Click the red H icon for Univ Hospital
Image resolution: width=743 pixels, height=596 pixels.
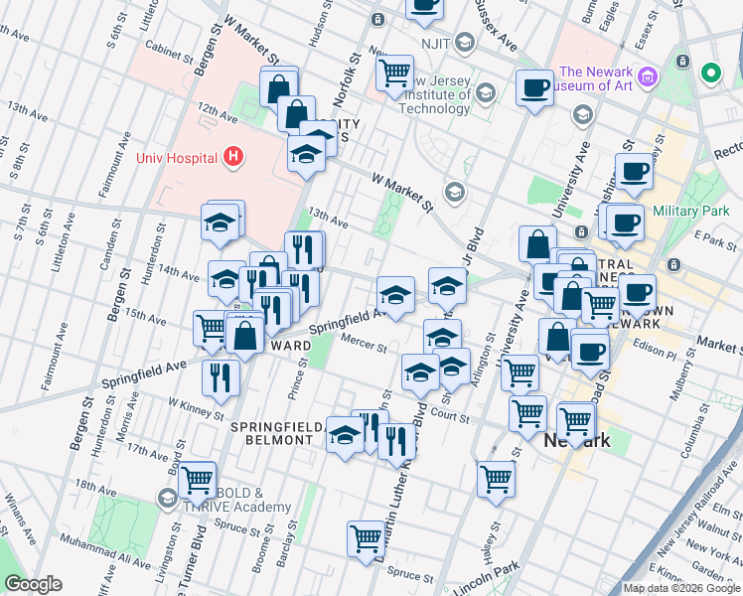232,156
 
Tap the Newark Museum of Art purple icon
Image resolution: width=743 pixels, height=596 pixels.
648,76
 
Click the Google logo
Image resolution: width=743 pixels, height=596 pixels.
33,584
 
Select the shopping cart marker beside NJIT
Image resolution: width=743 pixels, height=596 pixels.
395,73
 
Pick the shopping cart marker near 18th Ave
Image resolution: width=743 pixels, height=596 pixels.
198,479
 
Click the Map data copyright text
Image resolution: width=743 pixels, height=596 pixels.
681,588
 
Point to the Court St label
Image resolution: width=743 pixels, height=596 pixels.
449,418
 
